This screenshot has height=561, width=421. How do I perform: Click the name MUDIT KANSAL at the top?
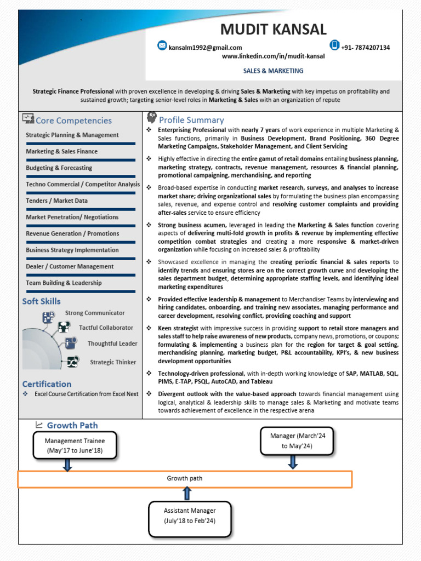tap(273, 30)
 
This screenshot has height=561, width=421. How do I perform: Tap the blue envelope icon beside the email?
tap(162, 45)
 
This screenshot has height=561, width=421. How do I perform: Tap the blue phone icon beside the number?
tap(334, 45)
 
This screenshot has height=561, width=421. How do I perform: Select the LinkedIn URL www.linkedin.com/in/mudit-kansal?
tap(273, 56)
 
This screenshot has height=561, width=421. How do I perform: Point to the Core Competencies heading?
tap(73, 121)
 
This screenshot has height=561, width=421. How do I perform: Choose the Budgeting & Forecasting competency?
tap(59, 168)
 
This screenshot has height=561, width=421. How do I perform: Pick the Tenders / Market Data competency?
tap(56, 201)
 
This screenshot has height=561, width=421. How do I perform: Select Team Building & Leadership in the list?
tap(64, 283)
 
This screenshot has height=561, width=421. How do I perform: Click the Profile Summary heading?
tap(191, 120)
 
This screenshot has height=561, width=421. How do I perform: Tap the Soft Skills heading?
tap(42, 301)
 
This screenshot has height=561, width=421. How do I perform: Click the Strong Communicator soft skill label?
tap(95, 313)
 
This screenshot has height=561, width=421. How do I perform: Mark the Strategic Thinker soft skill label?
tap(113, 362)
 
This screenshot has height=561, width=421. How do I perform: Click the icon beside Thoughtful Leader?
tap(71, 344)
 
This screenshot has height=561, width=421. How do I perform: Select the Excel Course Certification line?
tap(86, 394)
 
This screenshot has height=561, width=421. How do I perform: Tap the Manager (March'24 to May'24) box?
tap(297, 440)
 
